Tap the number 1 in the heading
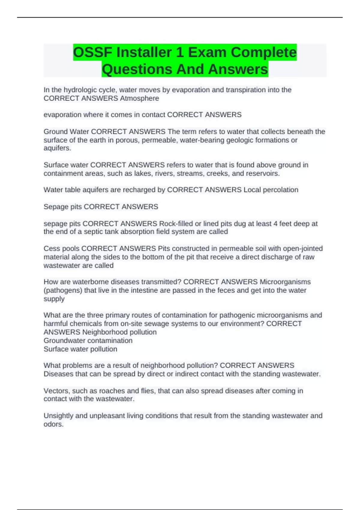click(180, 52)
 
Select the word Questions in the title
click(136, 69)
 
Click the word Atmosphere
click(139, 98)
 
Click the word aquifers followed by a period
click(57, 148)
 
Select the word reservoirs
click(263, 174)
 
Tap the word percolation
click(280, 190)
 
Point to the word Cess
click(52, 249)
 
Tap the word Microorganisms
click(285, 282)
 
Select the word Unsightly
click(58, 416)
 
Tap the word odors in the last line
click(53, 424)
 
